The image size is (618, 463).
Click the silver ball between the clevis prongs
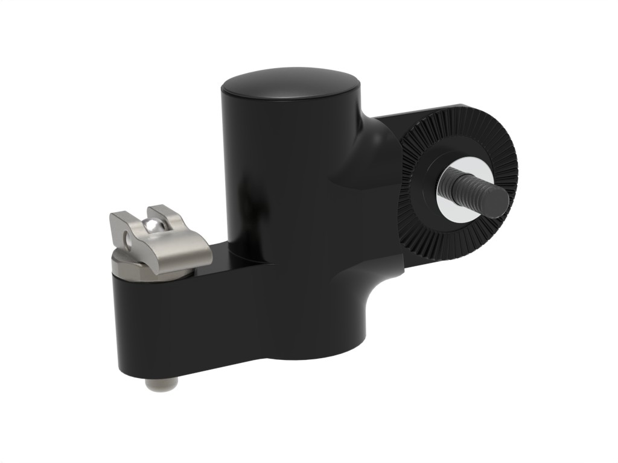(x=151, y=227)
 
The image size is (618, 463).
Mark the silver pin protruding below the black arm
(x=162, y=384)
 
